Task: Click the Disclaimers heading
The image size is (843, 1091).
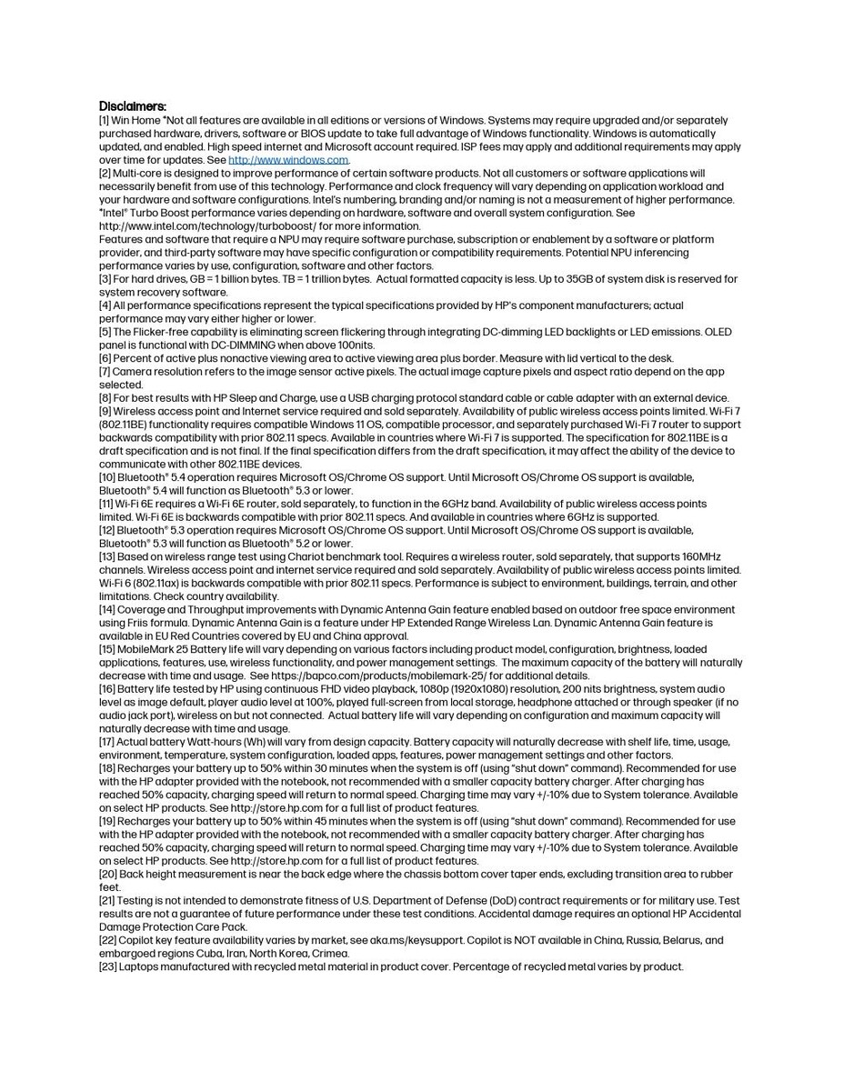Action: (x=132, y=106)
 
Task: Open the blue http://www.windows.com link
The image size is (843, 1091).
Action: (x=287, y=160)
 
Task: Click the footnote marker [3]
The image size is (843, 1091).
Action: (x=105, y=279)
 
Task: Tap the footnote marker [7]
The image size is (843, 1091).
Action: (x=105, y=372)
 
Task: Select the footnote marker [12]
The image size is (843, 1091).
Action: (x=107, y=530)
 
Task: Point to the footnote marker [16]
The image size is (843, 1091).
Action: (x=107, y=689)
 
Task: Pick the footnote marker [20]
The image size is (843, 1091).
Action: (x=108, y=875)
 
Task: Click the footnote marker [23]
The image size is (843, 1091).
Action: (x=108, y=967)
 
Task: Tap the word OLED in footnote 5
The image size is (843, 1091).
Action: (x=716, y=332)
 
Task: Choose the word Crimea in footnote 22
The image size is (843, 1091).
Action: (x=330, y=954)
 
